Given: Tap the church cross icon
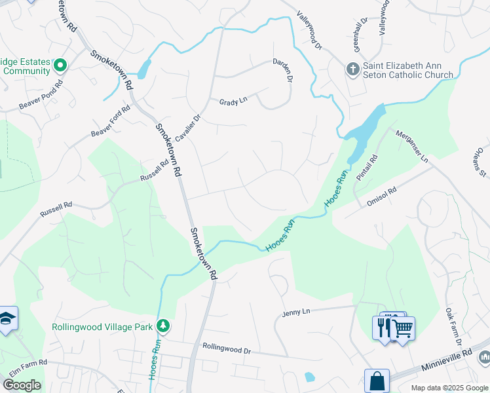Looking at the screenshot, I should pyautogui.click(x=352, y=69).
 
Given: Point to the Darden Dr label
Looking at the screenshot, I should pyautogui.click(x=282, y=70).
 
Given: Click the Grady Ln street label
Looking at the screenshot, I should pyautogui.click(x=233, y=102).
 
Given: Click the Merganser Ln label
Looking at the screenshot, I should pyautogui.click(x=411, y=146).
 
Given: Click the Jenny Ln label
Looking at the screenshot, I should pyautogui.click(x=295, y=312).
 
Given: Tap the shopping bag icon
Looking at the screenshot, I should pyautogui.click(x=377, y=380).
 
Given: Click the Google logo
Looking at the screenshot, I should pyautogui.click(x=22, y=385).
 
